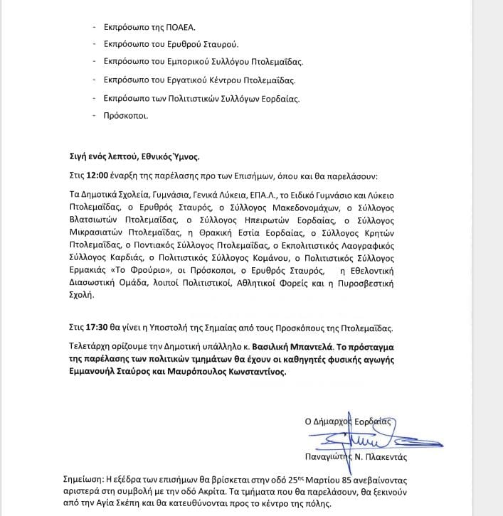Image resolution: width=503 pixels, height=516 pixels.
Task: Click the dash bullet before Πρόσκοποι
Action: pyautogui.click(x=95, y=115)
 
